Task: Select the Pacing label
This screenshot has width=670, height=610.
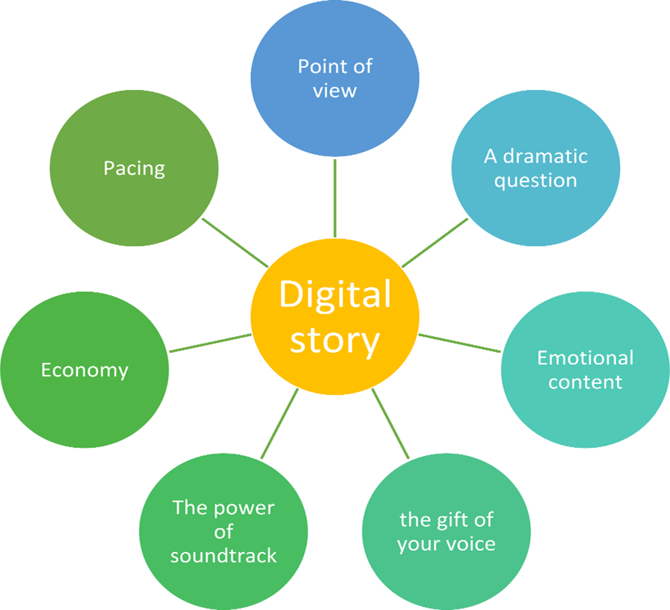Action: click(x=134, y=168)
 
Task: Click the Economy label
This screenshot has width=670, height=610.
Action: click(x=84, y=370)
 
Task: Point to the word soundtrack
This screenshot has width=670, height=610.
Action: click(x=224, y=556)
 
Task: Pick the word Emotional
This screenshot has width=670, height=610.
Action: click(x=585, y=358)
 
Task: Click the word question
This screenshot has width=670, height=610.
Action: click(x=535, y=180)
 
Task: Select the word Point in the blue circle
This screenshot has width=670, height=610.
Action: click(x=318, y=66)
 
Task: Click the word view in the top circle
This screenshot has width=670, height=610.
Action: click(x=335, y=90)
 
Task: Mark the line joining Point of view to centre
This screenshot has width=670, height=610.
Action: click(x=335, y=198)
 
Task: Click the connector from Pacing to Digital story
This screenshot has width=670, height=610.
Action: click(x=235, y=242)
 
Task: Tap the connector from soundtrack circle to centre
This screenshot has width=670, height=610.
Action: click(x=280, y=424)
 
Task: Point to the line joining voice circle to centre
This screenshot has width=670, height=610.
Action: click(x=390, y=424)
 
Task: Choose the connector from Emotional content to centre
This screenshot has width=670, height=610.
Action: click(x=460, y=343)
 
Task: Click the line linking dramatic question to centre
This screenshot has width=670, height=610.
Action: click(x=435, y=242)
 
